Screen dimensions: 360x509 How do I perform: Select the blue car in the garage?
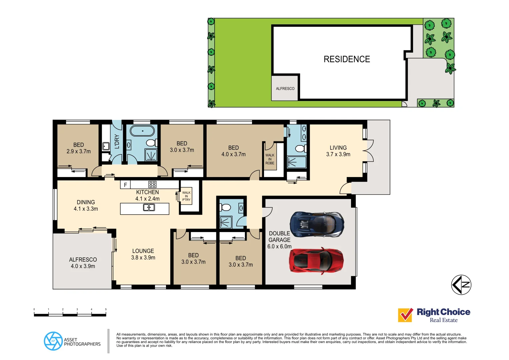pos(317,224)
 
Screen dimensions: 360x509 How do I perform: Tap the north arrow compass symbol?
pos(461,285)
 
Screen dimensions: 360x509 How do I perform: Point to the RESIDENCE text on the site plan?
pos(347,59)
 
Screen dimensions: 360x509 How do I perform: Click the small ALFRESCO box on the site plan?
pos(285,88)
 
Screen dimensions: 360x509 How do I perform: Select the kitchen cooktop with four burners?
pos(152,184)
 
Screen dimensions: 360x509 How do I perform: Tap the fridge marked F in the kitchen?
pos(125,185)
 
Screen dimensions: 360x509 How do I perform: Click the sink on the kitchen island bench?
pos(149,208)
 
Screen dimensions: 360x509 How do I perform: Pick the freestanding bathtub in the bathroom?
pos(142,131)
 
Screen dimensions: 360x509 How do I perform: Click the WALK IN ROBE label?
pos(270,159)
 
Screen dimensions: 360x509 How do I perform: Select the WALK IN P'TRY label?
pos(186,196)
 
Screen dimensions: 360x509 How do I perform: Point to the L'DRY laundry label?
pos(117,141)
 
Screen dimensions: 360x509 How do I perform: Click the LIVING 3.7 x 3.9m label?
pos(338,151)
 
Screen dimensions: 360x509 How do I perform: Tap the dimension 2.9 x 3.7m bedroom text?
pos(79,151)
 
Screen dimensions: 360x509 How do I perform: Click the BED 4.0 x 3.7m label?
pos(233,151)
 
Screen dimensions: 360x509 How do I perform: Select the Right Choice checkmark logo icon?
pos(405,315)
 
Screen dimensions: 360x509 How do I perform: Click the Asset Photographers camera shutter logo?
pos(53,341)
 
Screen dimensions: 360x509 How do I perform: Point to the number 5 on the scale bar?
pos(106,309)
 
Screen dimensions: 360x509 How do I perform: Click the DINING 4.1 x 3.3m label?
pos(86,205)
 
